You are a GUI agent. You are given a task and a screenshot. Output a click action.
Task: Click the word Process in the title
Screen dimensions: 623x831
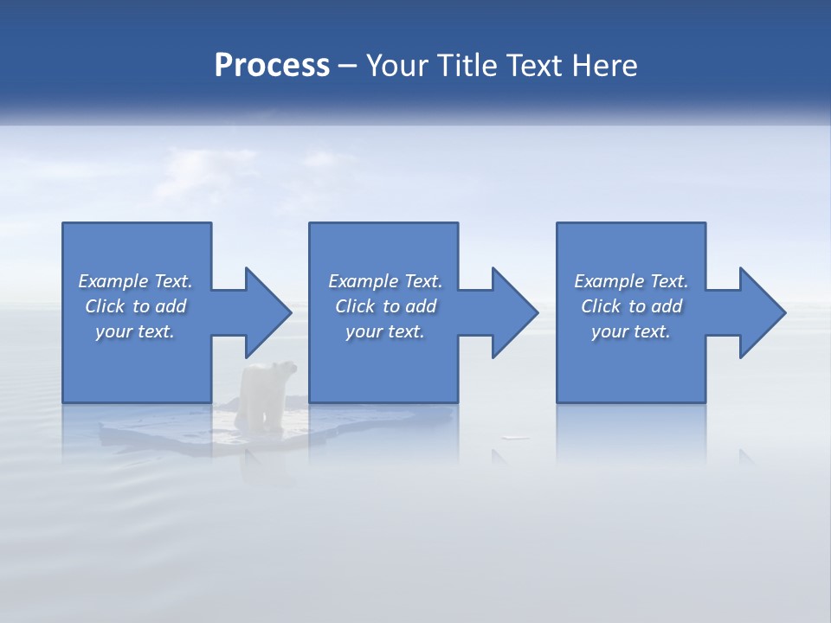pos(272,66)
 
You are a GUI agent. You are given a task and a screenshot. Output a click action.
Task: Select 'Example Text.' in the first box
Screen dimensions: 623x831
pos(135,281)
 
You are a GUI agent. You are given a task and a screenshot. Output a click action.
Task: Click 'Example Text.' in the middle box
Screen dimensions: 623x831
pos(385,281)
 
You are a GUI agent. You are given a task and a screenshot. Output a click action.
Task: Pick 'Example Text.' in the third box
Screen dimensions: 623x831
pos(631,281)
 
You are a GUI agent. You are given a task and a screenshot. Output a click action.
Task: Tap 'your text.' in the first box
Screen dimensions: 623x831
pos(135,331)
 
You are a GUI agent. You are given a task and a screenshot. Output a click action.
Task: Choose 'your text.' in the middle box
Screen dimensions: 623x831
pos(385,331)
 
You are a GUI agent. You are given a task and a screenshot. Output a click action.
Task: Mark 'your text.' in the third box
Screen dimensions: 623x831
pos(631,331)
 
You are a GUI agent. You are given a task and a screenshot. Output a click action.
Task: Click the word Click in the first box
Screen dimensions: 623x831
pos(105,306)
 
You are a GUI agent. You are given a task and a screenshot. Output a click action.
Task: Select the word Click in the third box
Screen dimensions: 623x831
pos(602,306)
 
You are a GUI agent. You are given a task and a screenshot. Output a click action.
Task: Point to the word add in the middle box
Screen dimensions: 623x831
pos(421,306)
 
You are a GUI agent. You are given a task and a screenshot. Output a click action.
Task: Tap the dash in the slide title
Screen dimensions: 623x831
pos(348,66)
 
